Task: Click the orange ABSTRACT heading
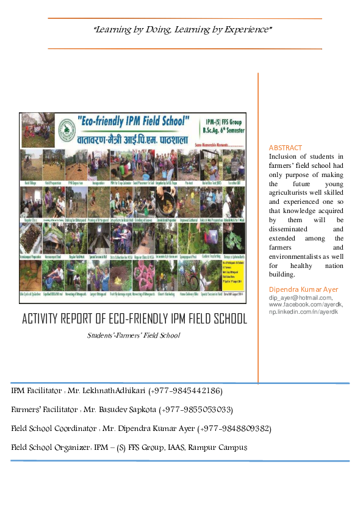(286, 148)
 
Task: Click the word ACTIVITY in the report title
(45, 319)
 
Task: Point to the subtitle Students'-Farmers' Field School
(134, 335)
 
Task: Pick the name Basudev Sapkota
(128, 409)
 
